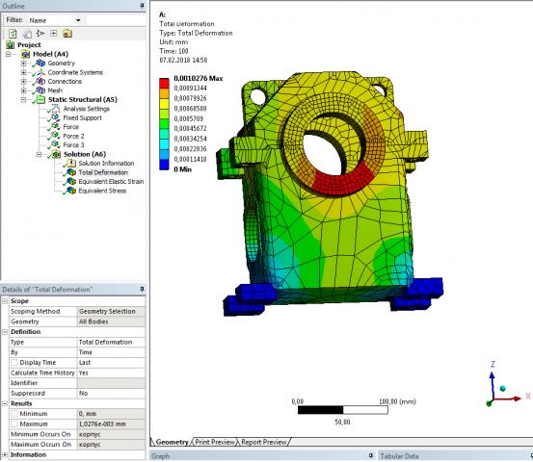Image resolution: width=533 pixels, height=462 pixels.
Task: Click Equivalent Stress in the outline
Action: (104, 191)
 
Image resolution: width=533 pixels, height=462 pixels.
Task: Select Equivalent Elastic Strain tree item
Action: (112, 181)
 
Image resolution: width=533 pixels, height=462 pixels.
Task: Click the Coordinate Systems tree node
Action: (75, 72)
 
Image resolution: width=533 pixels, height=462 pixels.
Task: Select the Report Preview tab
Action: (263, 442)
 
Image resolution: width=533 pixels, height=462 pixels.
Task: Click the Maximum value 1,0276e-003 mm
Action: (101, 423)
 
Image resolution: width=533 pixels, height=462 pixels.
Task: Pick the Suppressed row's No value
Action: (83, 393)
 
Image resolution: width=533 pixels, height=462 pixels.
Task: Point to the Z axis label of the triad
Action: (493, 365)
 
